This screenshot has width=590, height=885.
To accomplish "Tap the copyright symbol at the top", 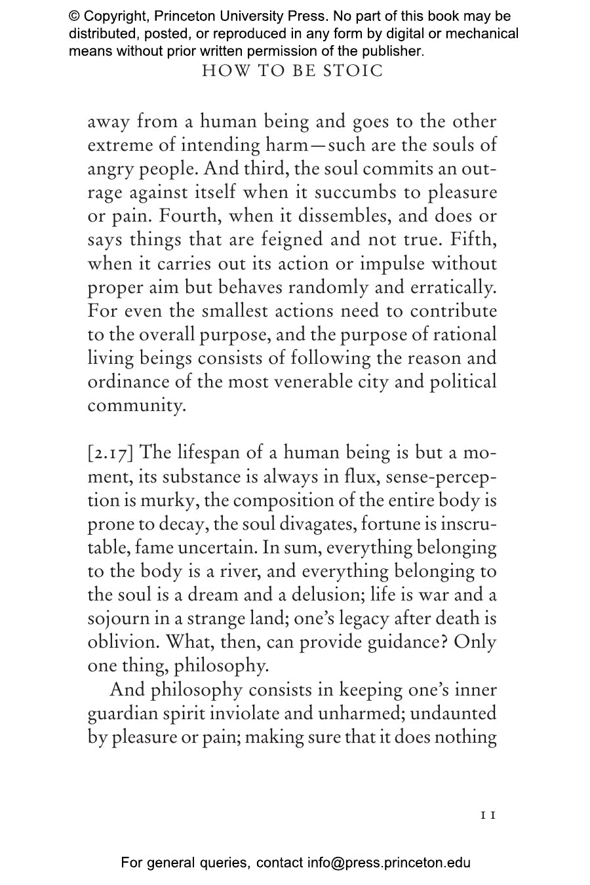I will pos(74,16).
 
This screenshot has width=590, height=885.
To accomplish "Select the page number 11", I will pos(488,815).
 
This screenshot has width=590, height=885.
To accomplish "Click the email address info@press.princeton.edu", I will pos(389,863).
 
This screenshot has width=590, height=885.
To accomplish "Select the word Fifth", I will pos(470,240).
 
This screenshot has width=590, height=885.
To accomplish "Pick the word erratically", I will pos(453,287).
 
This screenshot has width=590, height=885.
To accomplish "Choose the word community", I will pos(136,405).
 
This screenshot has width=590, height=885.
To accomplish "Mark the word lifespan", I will pos(201,453).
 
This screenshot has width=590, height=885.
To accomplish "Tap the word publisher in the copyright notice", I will pos(392,50).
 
